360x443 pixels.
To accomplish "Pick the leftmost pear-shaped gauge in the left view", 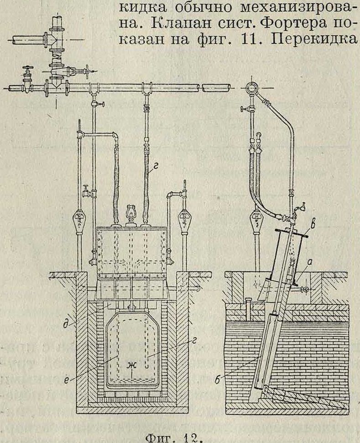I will pyautogui.click(x=80, y=219).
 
